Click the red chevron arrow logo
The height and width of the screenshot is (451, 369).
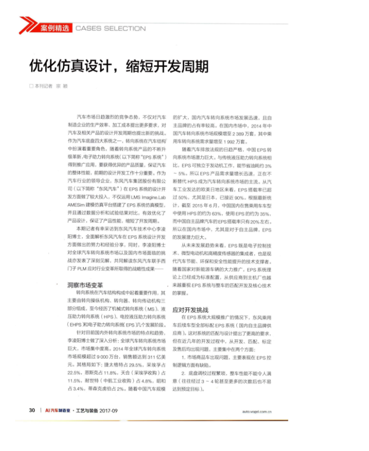click(x=27, y=25)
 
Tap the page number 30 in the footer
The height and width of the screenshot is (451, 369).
click(x=32, y=410)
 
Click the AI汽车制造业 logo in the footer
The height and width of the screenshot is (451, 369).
click(x=58, y=410)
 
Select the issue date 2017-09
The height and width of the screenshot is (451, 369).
click(x=109, y=410)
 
